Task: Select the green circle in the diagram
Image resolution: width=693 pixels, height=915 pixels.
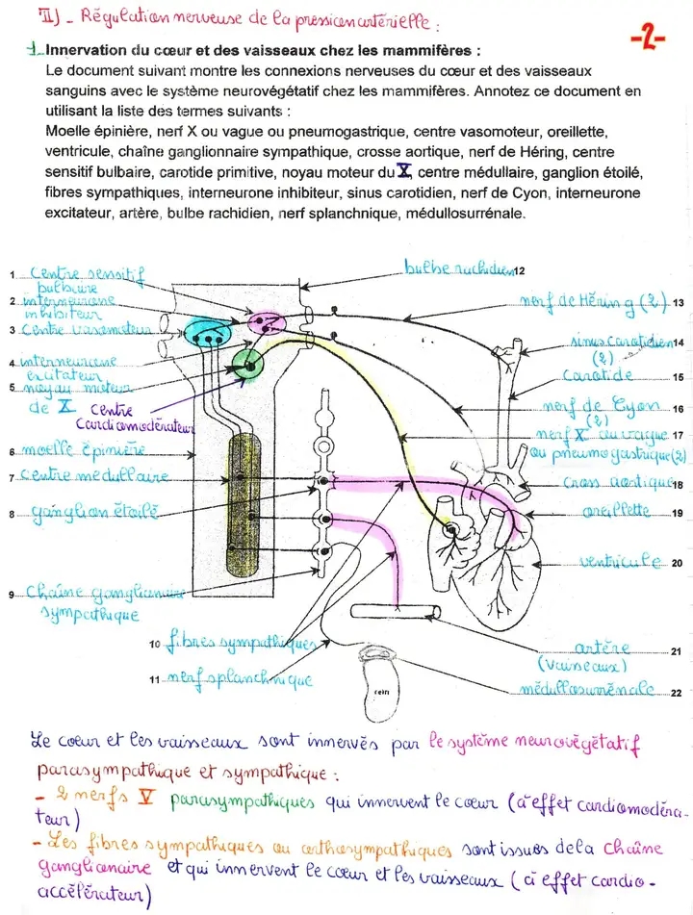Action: tap(249, 366)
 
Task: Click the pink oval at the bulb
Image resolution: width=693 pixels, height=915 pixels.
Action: tap(267, 323)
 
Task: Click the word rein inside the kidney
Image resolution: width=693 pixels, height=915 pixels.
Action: tap(380, 690)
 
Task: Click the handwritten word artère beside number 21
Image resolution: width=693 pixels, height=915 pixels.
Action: tap(602, 649)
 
